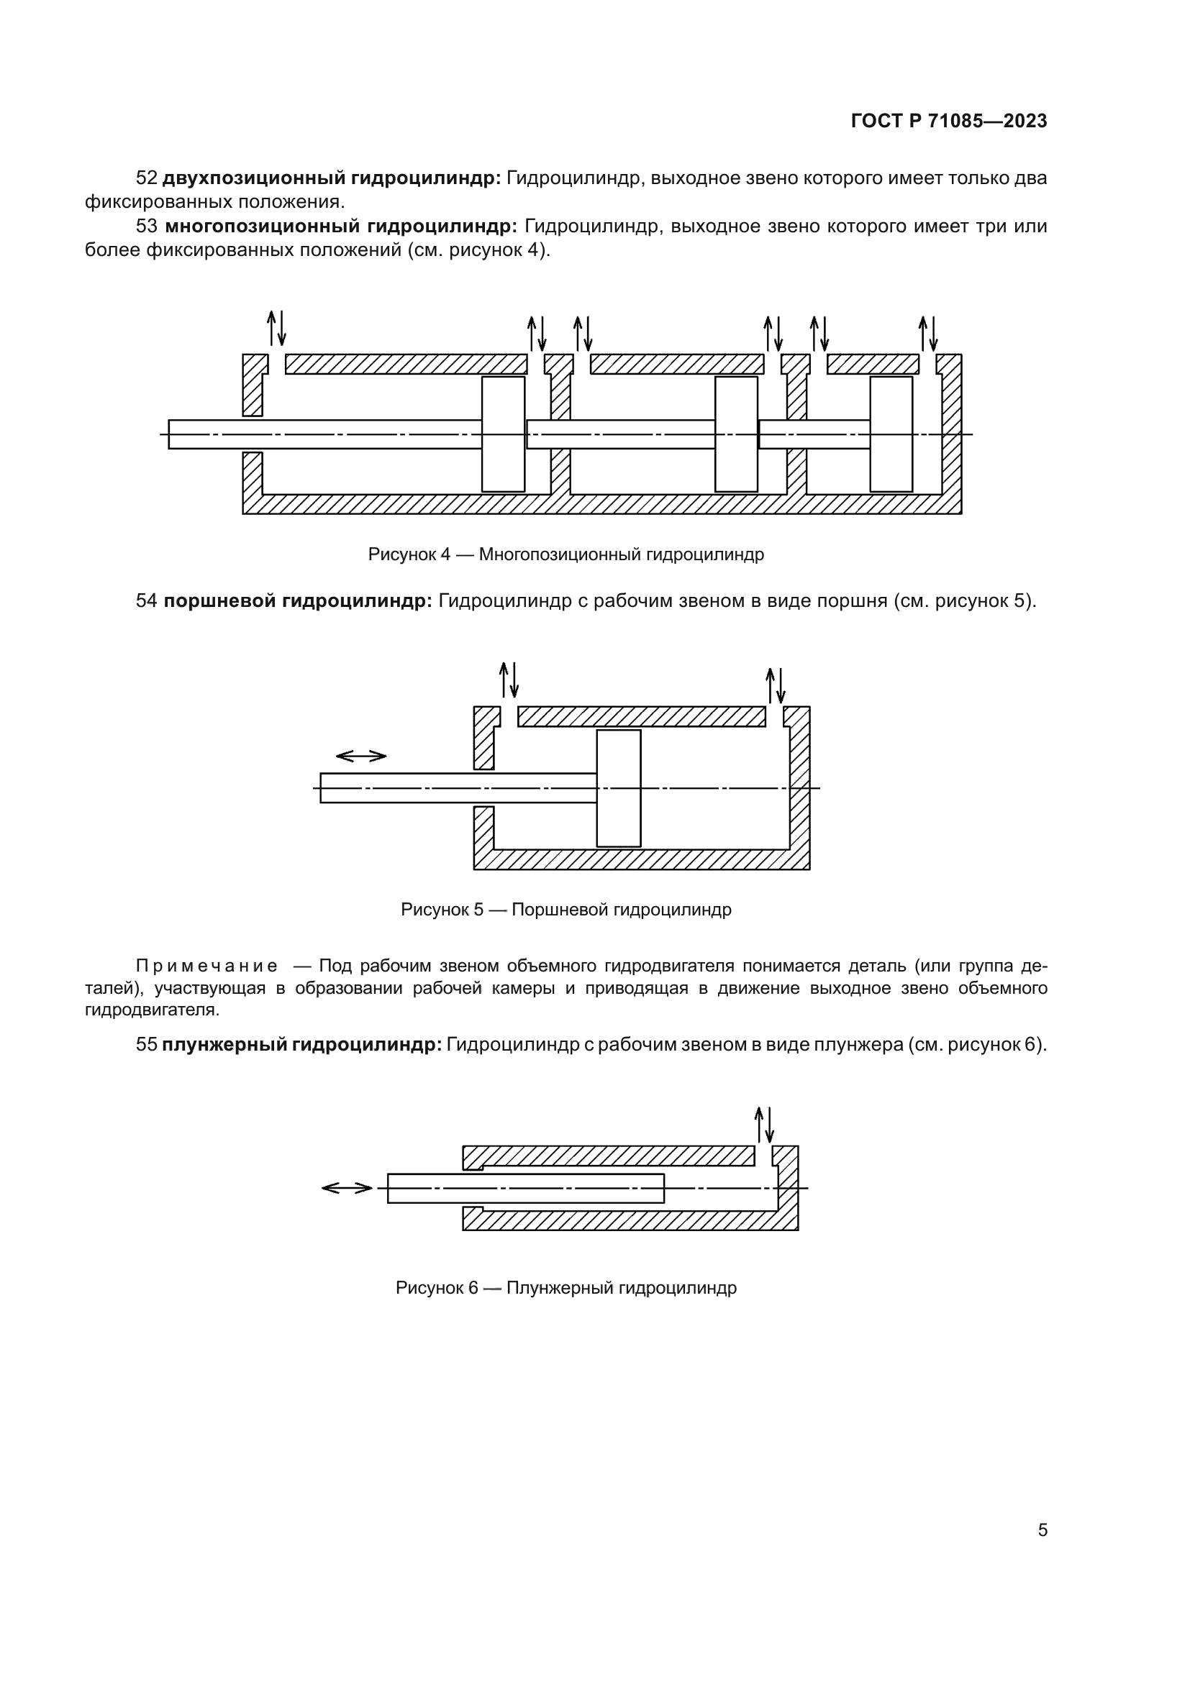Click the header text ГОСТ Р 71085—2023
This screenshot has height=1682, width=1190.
click(948, 121)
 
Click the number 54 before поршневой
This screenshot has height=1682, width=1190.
click(147, 600)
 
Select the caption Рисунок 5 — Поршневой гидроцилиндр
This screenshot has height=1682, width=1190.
click(566, 909)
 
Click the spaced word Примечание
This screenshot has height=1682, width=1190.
click(206, 966)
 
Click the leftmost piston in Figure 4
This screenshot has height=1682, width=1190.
click(503, 434)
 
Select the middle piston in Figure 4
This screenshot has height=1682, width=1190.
click(736, 434)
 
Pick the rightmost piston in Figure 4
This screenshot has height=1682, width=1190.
click(891, 434)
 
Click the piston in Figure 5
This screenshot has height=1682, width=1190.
click(619, 788)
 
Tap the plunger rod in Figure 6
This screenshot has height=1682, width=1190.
click(525, 1188)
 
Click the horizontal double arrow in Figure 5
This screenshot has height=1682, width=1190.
click(360, 756)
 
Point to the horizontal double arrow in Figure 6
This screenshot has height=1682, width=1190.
click(348, 1188)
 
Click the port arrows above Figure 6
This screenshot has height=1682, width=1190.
click(764, 1125)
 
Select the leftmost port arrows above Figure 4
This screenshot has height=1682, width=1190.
click(276, 327)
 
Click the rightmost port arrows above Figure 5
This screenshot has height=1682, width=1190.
click(776, 685)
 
